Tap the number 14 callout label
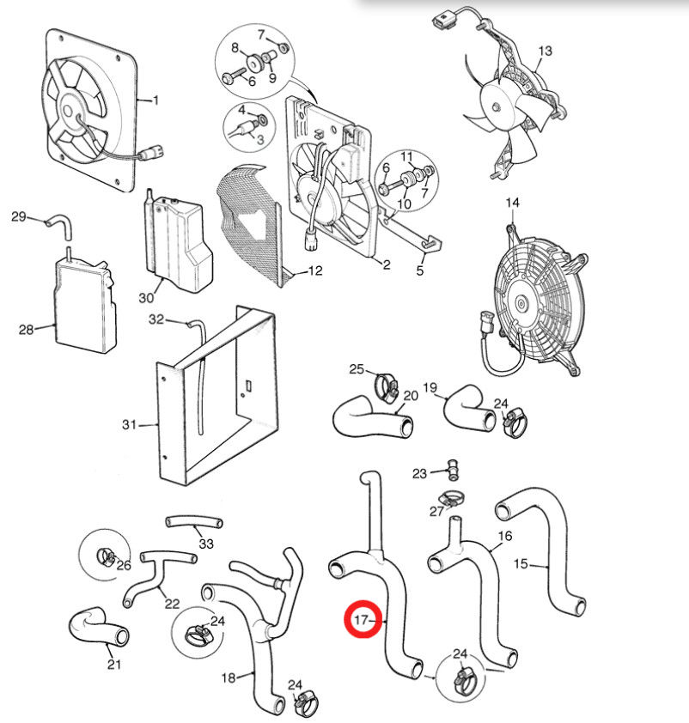[x=512, y=203]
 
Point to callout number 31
[x=130, y=423]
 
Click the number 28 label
[x=25, y=328]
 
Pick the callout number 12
[x=314, y=271]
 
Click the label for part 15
[x=521, y=564]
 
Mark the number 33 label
[x=205, y=544]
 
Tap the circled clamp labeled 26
[x=106, y=558]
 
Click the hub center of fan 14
[x=522, y=302]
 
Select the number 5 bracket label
[x=420, y=271]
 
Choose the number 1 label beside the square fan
[x=155, y=100]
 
